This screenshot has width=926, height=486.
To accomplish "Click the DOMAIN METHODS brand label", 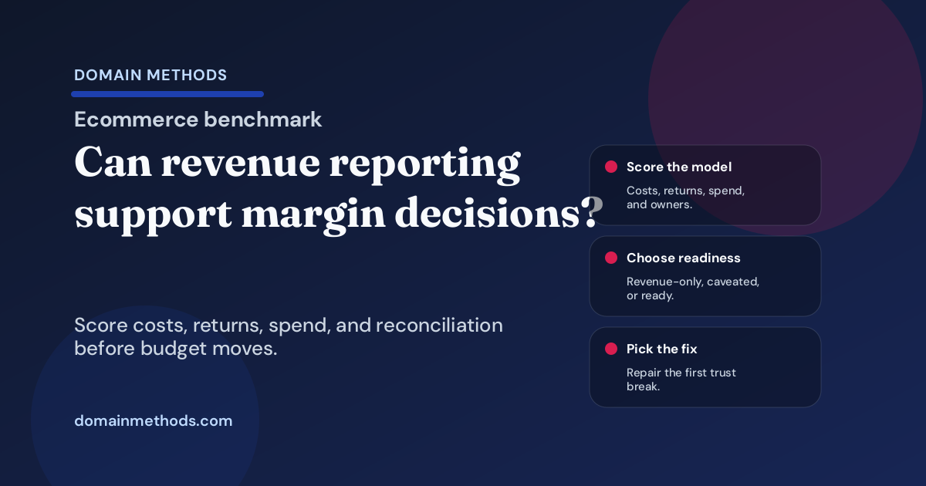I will [x=150, y=75].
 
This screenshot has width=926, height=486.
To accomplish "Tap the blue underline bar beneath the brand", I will [x=167, y=94].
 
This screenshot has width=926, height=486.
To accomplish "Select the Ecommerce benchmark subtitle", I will [x=198, y=120].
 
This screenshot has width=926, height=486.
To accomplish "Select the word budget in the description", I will [x=170, y=348].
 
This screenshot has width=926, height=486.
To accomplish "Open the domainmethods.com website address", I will [x=153, y=421].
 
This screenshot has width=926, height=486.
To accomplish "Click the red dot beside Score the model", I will [x=611, y=167].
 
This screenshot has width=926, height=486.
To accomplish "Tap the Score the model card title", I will [x=679, y=167].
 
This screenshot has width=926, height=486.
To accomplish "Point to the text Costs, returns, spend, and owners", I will [x=685, y=197].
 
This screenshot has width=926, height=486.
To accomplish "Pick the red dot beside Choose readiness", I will [x=611, y=258].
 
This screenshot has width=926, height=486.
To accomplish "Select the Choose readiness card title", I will [x=684, y=258].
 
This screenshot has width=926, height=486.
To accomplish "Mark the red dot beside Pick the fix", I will [x=611, y=349].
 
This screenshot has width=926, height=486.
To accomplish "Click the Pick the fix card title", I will [x=662, y=349].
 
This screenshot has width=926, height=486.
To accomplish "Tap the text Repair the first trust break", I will [x=681, y=379].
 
